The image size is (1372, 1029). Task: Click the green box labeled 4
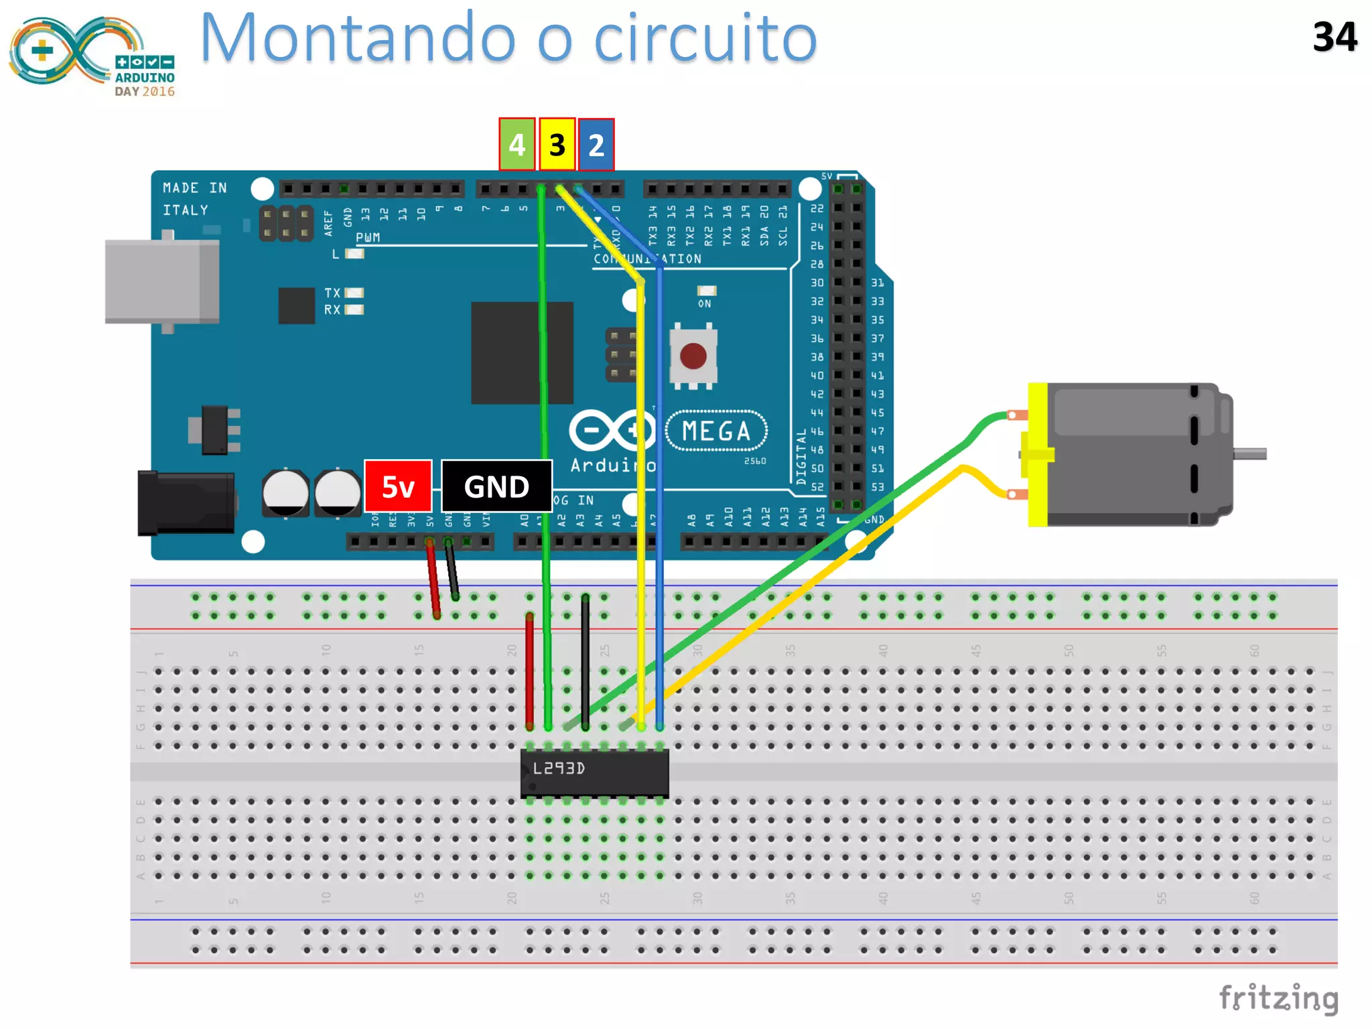[x=517, y=144]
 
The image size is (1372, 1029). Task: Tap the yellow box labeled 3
[x=557, y=144]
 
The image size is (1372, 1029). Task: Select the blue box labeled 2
[x=596, y=145]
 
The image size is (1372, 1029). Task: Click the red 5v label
[x=398, y=486]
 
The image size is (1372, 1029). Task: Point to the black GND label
[x=496, y=486]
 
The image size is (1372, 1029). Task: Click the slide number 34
[x=1334, y=37]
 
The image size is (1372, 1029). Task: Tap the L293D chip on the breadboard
[x=594, y=772]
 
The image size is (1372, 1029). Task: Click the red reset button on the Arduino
[x=693, y=356]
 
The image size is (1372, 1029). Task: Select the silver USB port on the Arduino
[x=161, y=281]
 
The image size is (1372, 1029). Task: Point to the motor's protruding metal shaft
[x=1250, y=454]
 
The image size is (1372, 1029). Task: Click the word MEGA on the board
[x=716, y=431]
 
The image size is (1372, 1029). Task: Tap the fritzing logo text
[x=1278, y=998]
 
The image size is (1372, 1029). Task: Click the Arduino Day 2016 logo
[x=92, y=57]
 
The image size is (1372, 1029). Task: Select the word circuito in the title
[x=705, y=39]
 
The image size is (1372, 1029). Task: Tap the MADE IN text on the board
[x=194, y=188]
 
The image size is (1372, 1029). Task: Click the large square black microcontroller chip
[x=522, y=352]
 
